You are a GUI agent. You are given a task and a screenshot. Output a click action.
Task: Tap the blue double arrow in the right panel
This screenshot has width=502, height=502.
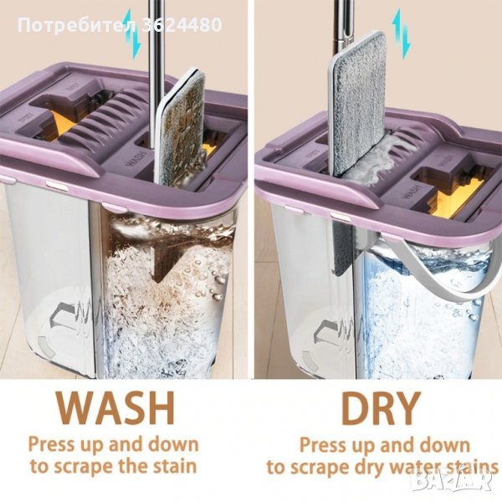pos(402,34)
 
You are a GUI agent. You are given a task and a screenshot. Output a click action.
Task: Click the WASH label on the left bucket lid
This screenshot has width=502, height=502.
pos(133,160)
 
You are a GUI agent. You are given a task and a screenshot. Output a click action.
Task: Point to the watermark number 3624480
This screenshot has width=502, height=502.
pos(182,24)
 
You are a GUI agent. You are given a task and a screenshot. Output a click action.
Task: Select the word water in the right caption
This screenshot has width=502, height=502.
pos(420,467)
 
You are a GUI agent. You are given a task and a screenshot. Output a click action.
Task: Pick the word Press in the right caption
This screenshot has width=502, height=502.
pos(323,444)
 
